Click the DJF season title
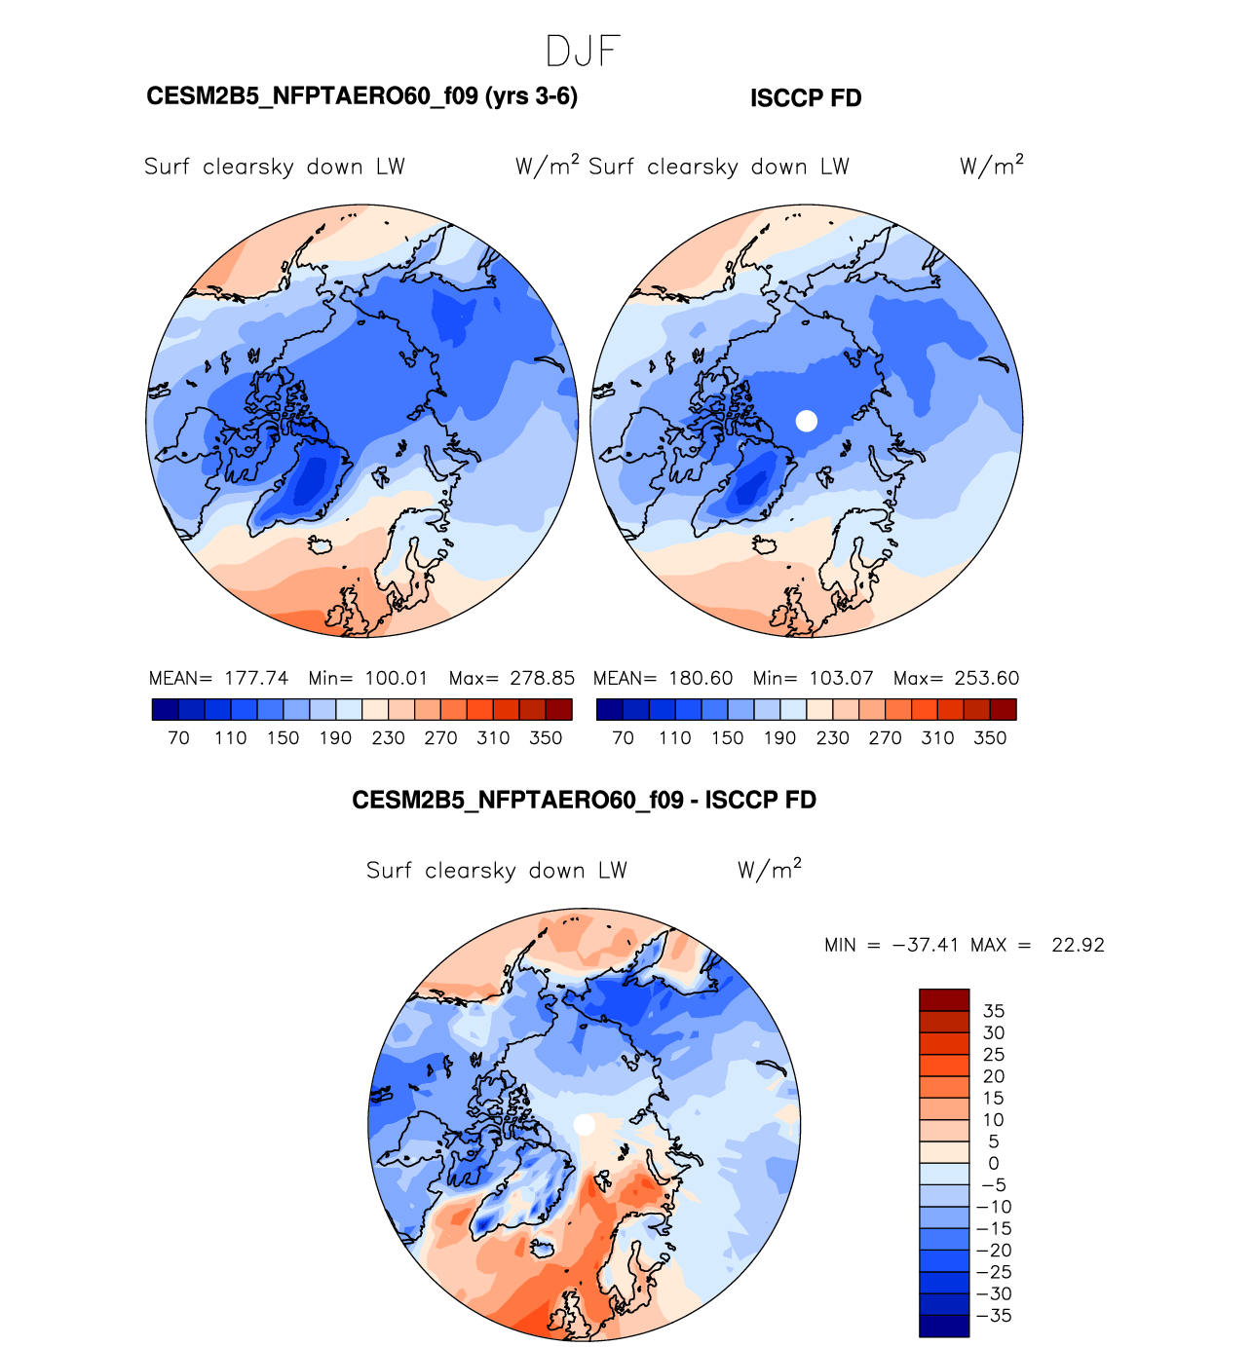[583, 51]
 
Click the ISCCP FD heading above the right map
[806, 98]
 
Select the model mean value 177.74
[256, 678]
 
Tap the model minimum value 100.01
[397, 678]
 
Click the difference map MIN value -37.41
[925, 945]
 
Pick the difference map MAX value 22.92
[1078, 945]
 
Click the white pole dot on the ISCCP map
[806, 421]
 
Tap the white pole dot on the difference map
[585, 1125]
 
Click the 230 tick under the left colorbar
[388, 738]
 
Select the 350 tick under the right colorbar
[990, 738]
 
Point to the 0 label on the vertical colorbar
[994, 1163]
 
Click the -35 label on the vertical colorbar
[994, 1315]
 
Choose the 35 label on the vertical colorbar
[994, 1011]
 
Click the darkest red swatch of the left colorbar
[559, 709]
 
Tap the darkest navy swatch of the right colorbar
[609, 709]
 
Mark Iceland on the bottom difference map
[543, 1248]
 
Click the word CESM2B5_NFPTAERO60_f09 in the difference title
[517, 801]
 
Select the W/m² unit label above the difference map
[770, 869]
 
